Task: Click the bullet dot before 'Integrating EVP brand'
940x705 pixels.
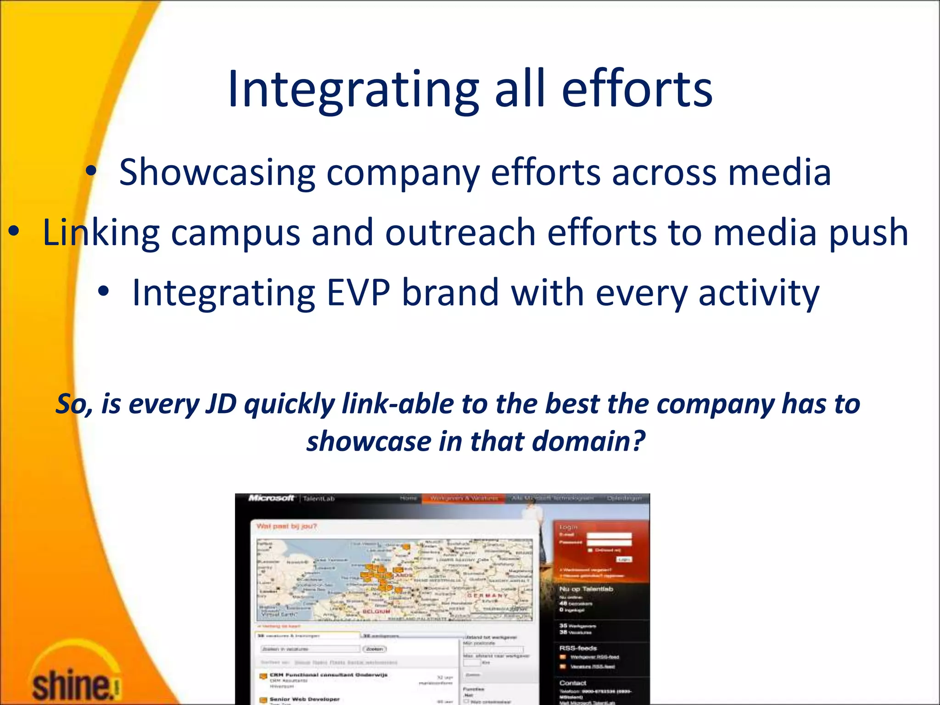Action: pyautogui.click(x=104, y=291)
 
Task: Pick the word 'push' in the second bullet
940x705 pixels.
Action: pyautogui.click(x=868, y=233)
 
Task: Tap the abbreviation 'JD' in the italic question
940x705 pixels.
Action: pyautogui.click(x=221, y=404)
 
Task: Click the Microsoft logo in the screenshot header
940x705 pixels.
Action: pyautogui.click(x=271, y=498)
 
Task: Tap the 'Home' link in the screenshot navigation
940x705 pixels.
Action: pyautogui.click(x=408, y=498)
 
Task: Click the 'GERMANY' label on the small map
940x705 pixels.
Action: pyautogui.click(x=487, y=595)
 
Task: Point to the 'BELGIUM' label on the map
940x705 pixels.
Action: pyautogui.click(x=376, y=611)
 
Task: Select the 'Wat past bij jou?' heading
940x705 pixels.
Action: pyautogui.click(x=286, y=526)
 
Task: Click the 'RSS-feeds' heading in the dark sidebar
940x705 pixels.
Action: pyautogui.click(x=578, y=648)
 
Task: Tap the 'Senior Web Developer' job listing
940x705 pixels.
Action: pyautogui.click(x=305, y=699)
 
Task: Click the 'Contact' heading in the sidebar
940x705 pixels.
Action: pyautogui.click(x=573, y=683)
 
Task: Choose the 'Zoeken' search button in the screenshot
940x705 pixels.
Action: pyautogui.click(x=375, y=649)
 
